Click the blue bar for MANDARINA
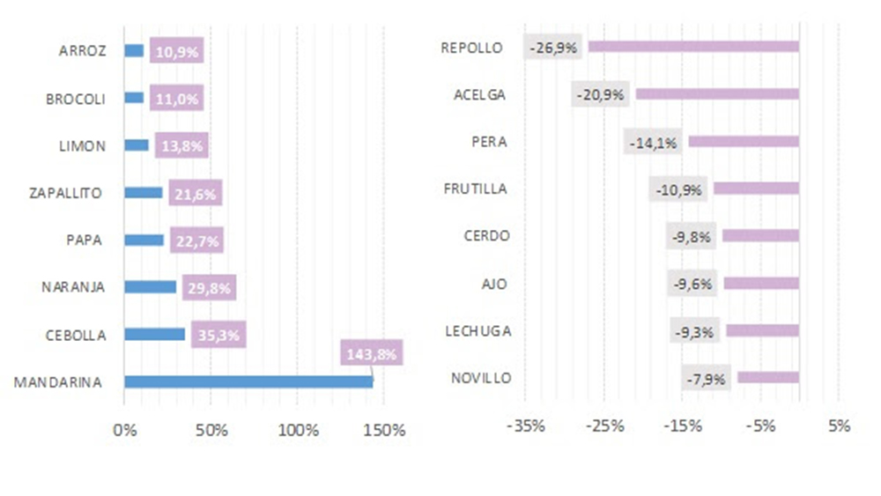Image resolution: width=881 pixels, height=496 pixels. click(248, 381)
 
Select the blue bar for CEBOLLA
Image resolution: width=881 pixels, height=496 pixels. click(155, 334)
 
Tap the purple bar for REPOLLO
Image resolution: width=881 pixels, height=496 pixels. click(693, 47)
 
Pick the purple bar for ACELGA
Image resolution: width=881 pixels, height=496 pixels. click(717, 93)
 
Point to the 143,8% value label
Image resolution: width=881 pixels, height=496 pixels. click(371, 354)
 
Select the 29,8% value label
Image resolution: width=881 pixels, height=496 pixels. click(210, 287)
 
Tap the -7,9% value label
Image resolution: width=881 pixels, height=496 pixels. click(707, 379)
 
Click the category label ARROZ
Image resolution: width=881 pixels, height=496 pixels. click(82, 51)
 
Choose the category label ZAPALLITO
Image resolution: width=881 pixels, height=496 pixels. click(66, 192)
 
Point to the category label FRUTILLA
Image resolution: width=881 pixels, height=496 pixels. click(476, 189)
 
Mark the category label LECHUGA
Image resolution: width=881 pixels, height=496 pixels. click(478, 331)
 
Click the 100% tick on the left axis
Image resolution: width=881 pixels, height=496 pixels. click(299, 430)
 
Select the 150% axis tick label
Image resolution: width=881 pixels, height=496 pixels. click(385, 430)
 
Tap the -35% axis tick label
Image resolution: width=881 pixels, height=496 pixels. click(527, 426)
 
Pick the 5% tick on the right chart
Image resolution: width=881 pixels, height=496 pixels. click(839, 426)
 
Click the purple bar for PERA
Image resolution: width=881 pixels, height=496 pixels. click(744, 141)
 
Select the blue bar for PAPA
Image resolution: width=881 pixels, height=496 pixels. click(144, 240)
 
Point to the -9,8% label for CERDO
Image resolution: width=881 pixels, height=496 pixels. click(692, 236)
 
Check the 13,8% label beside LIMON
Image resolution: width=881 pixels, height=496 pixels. click(181, 145)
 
